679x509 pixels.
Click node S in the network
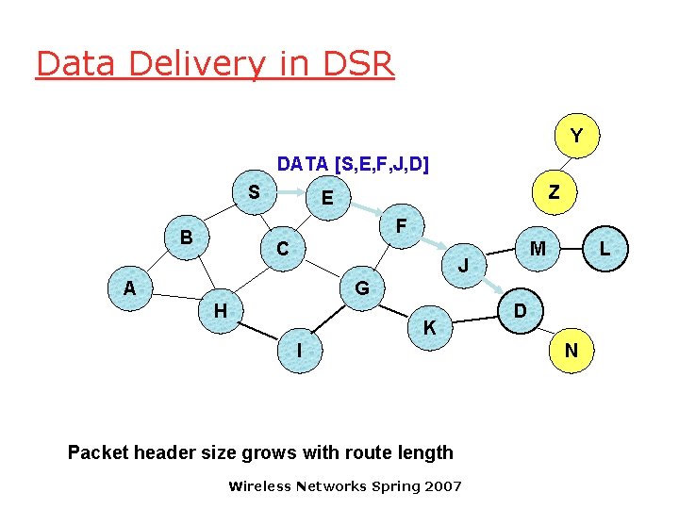click(x=253, y=192)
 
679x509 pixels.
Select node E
click(x=327, y=198)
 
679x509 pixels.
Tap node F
click(x=401, y=227)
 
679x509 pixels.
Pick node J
click(x=463, y=266)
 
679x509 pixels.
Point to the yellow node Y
click(x=576, y=137)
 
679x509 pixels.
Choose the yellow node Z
click(x=555, y=192)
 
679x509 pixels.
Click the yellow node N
click(x=571, y=351)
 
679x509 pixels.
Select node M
click(x=538, y=249)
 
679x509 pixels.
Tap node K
click(x=429, y=328)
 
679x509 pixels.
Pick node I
click(x=299, y=350)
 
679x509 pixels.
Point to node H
click(x=220, y=310)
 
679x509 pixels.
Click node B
click(x=187, y=238)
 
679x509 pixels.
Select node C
click(x=282, y=250)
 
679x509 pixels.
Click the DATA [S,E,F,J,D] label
click(x=353, y=164)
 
